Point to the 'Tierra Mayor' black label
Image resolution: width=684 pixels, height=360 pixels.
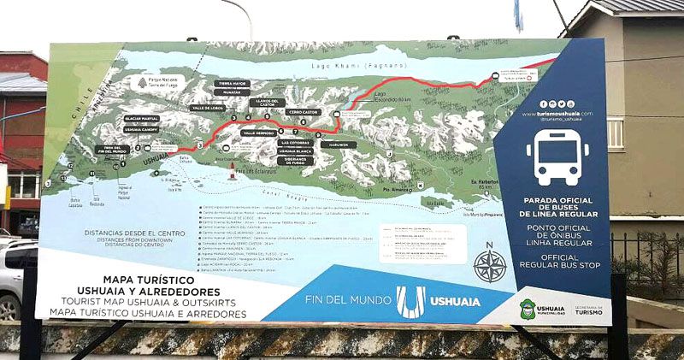tap(233, 83)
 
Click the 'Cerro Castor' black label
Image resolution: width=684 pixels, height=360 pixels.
tap(304, 112)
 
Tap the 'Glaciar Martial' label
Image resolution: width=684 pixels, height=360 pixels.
tap(143, 118)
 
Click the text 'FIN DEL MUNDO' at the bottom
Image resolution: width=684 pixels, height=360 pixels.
tap(350, 301)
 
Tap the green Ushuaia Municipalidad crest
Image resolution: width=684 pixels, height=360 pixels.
tap(528, 309)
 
